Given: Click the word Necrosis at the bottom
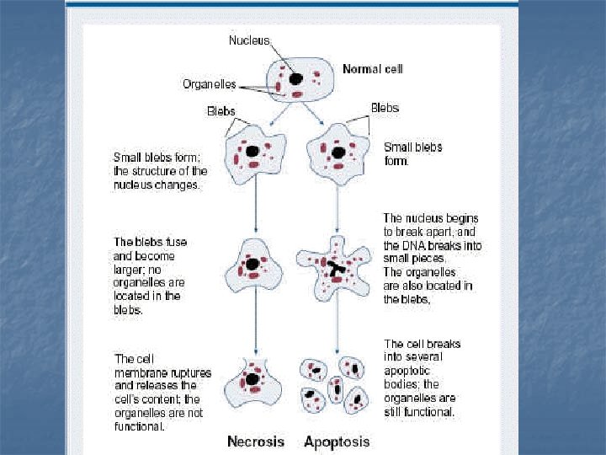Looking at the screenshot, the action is tap(255, 441).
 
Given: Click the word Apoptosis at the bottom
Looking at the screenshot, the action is tap(337, 441).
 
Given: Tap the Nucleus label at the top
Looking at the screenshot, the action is tap(249, 40).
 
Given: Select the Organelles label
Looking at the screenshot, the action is tap(210, 84).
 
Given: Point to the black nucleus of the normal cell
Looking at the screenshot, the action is tap(296, 78).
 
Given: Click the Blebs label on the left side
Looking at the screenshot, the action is tap(221, 110).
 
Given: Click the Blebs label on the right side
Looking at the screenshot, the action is tap(385, 108).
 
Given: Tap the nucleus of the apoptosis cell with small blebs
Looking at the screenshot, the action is tap(338, 153).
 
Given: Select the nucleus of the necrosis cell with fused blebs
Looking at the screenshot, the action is tap(252, 265).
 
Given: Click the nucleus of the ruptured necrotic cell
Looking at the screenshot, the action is tap(252, 380).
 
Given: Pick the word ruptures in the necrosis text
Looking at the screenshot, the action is tap(189, 372).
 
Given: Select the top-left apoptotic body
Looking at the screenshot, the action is tap(315, 369).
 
